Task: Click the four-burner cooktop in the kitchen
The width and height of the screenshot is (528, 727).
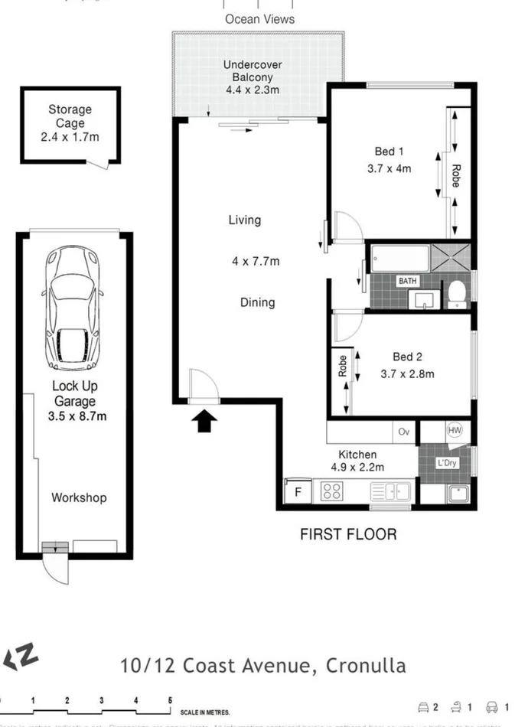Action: [331, 491]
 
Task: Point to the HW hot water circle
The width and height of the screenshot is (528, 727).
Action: [455, 431]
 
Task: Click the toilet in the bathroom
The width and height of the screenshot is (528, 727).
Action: [456, 292]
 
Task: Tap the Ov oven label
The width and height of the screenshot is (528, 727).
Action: [405, 431]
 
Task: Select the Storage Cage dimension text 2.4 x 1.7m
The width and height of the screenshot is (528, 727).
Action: [70, 137]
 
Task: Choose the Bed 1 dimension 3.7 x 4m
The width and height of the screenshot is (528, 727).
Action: [389, 168]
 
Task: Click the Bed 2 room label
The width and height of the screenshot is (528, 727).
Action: [407, 357]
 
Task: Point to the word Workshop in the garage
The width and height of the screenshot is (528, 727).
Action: [79, 497]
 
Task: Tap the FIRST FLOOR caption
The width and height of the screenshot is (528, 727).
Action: [348, 534]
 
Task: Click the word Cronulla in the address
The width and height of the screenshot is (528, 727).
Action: [366, 665]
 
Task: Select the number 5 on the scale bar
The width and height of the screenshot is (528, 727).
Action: [170, 700]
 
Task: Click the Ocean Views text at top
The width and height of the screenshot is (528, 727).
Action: [259, 19]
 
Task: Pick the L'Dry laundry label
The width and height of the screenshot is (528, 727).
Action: [447, 464]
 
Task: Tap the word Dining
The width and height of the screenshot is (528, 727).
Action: [257, 302]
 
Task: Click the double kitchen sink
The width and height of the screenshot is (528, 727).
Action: [394, 491]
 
